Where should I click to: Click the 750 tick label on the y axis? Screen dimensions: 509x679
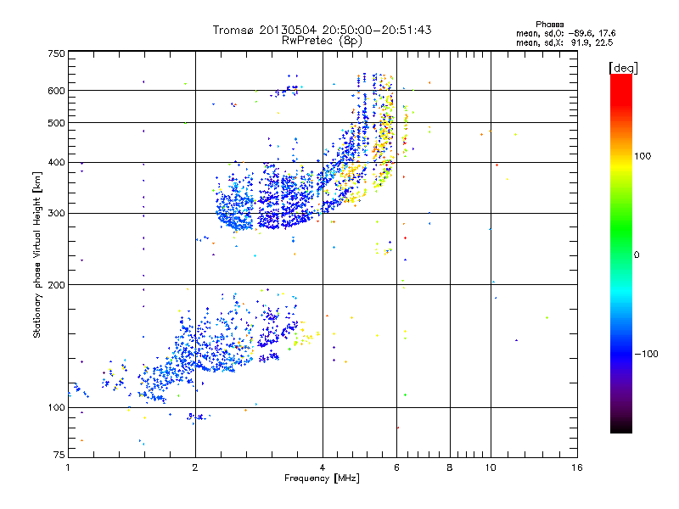(56, 53)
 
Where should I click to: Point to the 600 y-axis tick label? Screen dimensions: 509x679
(56, 90)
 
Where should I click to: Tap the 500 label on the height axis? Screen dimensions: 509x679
(56, 122)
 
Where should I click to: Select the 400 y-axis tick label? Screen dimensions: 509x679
(56, 162)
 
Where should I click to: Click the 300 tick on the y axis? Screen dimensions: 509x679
(56, 213)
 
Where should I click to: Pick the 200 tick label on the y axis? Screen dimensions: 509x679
(56, 284)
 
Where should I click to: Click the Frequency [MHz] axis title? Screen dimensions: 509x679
(323, 479)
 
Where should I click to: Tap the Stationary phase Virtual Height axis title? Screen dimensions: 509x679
(37, 255)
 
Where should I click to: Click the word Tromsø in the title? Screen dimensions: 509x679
(235, 31)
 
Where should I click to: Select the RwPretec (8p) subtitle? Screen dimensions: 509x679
(323, 40)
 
